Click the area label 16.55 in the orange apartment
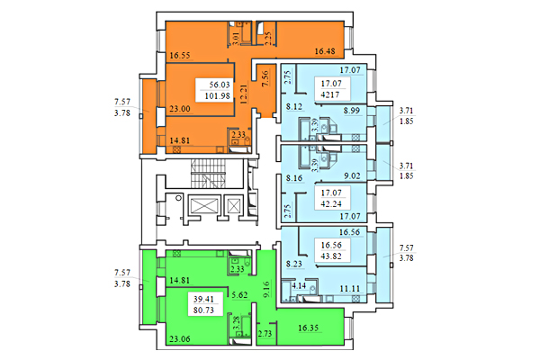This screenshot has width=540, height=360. click(183, 54)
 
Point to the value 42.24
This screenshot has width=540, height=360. click(332, 202)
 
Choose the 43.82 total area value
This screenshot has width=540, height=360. click(333, 256)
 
